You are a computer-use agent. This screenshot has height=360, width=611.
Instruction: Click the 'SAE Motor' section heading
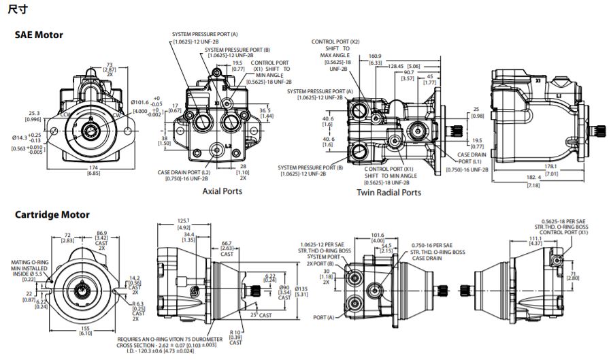39,35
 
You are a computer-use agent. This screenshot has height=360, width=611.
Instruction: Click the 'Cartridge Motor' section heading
52,214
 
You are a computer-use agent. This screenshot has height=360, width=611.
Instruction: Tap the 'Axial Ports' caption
222,191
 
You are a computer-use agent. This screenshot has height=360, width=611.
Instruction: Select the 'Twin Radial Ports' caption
389,193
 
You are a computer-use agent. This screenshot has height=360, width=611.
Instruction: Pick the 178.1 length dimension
533,165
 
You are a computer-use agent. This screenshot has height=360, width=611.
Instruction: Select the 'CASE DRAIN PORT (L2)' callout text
183,172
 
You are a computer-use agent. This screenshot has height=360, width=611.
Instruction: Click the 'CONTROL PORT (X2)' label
335,42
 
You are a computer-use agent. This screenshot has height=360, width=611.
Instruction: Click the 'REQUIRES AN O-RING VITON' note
178,338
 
